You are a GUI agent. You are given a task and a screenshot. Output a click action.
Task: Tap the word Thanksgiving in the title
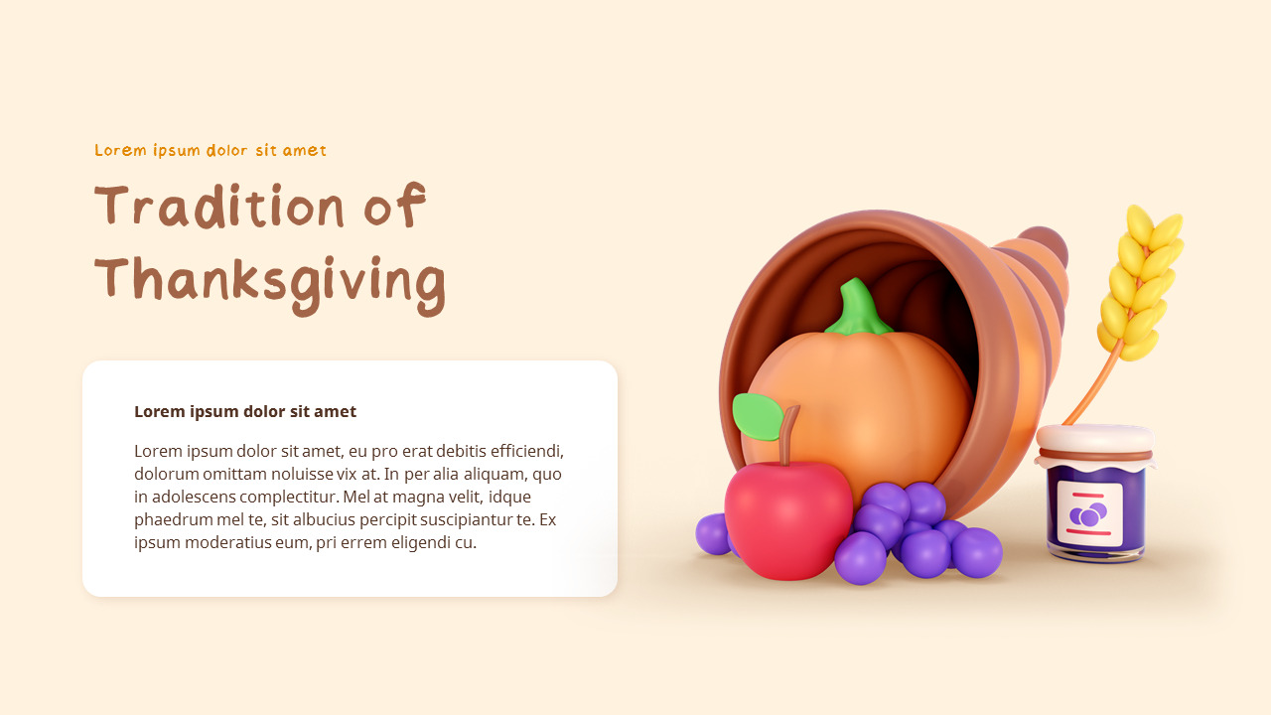tap(270, 281)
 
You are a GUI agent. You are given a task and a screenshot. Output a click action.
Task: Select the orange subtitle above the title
tap(211, 151)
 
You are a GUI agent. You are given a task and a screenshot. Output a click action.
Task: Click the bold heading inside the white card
tap(245, 411)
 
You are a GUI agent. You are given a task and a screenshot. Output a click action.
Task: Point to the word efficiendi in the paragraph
tap(525, 451)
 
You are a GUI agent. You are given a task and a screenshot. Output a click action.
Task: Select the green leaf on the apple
tap(757, 416)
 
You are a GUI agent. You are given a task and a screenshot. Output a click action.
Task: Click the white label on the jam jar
tap(1089, 512)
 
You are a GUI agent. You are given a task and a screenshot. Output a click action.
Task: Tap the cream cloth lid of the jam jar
tap(1094, 441)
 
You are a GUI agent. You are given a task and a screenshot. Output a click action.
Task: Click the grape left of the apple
tap(711, 534)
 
